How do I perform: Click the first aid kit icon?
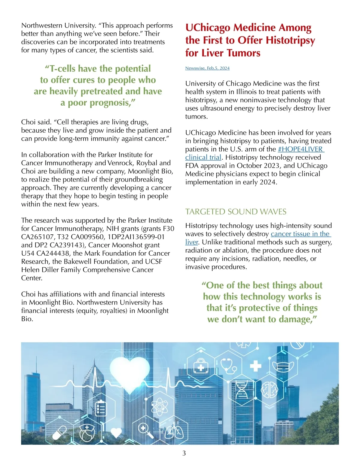[200, 365]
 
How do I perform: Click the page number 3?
[184, 453]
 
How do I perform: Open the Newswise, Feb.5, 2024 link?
[207, 68]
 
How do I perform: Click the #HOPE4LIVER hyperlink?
[300, 149]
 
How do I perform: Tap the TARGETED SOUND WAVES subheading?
[236, 212]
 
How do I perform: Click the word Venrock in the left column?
[121, 163]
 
